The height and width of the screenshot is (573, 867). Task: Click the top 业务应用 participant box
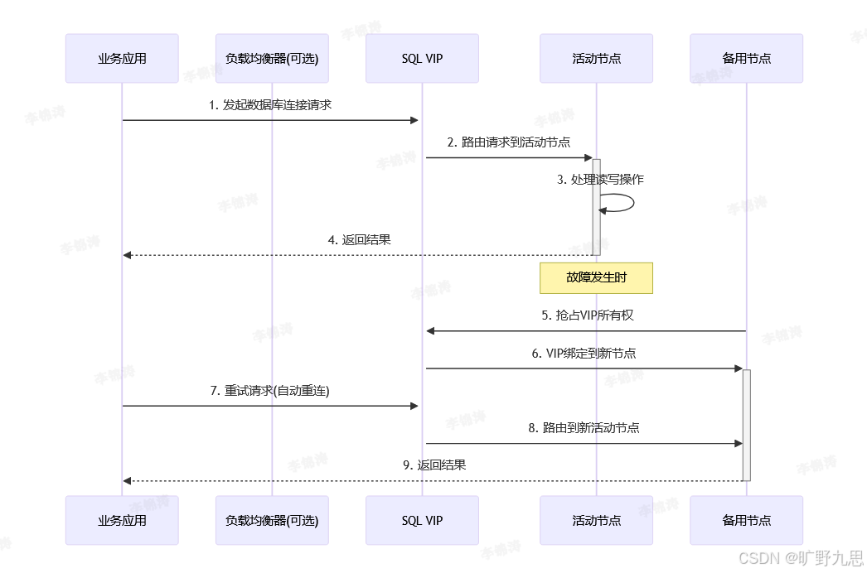[x=122, y=59]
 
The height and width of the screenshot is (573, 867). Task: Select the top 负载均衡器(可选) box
[x=272, y=59]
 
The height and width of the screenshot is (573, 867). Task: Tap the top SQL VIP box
[x=422, y=59]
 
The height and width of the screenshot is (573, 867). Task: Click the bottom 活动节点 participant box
[x=596, y=520]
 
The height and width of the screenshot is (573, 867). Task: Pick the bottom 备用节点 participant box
[x=746, y=520]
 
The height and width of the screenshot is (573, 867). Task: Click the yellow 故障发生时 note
[x=596, y=278]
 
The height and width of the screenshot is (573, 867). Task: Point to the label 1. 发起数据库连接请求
[x=270, y=105]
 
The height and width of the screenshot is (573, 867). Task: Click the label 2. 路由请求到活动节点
[x=508, y=142]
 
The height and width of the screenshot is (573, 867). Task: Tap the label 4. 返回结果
[x=359, y=240]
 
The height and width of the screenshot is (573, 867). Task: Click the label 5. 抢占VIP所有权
[x=587, y=315]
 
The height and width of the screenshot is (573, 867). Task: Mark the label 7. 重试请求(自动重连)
[x=270, y=391]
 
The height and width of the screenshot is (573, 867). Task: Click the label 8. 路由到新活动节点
[x=584, y=428]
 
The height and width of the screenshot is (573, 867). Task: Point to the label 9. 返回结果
[x=434, y=465]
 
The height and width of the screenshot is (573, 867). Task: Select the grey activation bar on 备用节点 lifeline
[x=746, y=424]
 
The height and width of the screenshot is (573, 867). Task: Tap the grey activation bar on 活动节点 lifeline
[x=596, y=207]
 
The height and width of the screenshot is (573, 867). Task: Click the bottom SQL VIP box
[x=422, y=520]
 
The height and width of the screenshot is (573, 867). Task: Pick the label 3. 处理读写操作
[x=600, y=180]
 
